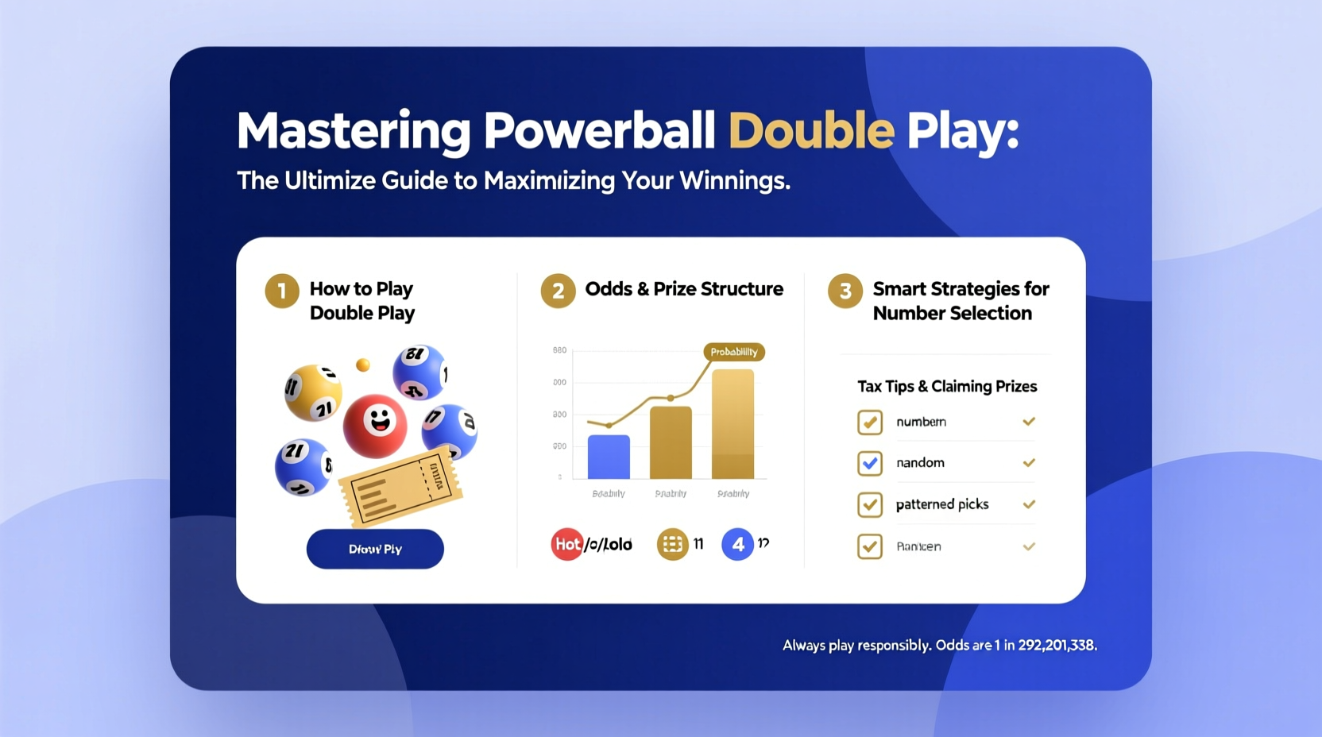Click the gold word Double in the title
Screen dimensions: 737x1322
[x=811, y=131]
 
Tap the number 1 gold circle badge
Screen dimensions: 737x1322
[x=282, y=291]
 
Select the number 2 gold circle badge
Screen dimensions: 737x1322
[x=558, y=291]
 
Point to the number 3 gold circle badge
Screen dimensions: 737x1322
[x=845, y=291]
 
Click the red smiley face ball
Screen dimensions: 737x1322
[x=375, y=425]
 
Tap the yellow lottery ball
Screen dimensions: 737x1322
[x=313, y=392]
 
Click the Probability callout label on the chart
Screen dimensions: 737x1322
[x=733, y=352]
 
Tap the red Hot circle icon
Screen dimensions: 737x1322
[x=566, y=544]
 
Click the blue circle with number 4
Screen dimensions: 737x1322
[x=737, y=544]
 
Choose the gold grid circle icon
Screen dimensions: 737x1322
[x=672, y=544]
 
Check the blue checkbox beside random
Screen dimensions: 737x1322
[x=870, y=463]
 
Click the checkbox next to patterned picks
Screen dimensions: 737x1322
[x=870, y=504]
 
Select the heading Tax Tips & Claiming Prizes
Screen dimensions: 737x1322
[x=947, y=387]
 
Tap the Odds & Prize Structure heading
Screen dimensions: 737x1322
[x=684, y=289]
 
